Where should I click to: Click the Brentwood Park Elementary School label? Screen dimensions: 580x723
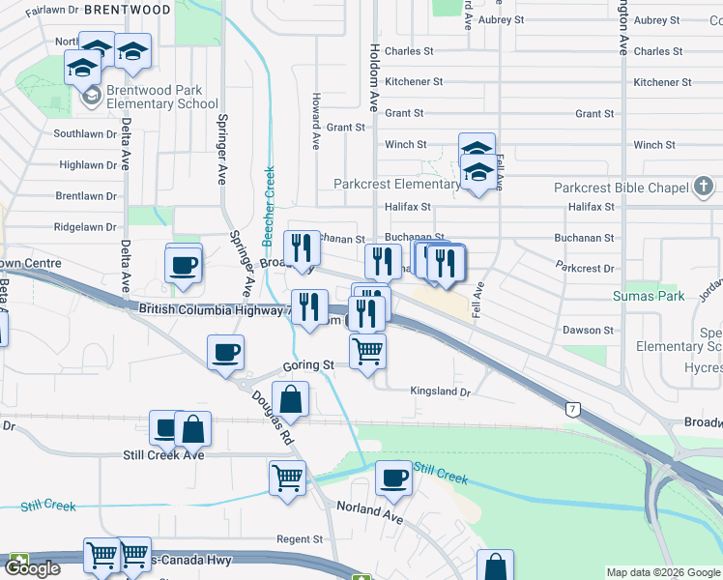tap(162, 97)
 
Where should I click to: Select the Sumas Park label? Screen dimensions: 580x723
tap(649, 296)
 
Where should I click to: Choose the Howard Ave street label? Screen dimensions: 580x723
tap(315, 121)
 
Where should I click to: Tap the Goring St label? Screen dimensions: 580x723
tap(307, 365)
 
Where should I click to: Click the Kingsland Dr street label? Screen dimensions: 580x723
tap(440, 392)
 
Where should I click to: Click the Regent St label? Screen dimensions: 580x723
tap(300, 539)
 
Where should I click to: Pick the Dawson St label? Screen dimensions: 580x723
tap(588, 330)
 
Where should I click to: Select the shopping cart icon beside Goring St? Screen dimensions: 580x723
tap(367, 351)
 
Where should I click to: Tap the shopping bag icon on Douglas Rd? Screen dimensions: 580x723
tap(290, 398)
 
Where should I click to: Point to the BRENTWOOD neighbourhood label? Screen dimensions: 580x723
tap(127, 10)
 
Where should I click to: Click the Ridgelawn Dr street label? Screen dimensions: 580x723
tap(85, 227)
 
